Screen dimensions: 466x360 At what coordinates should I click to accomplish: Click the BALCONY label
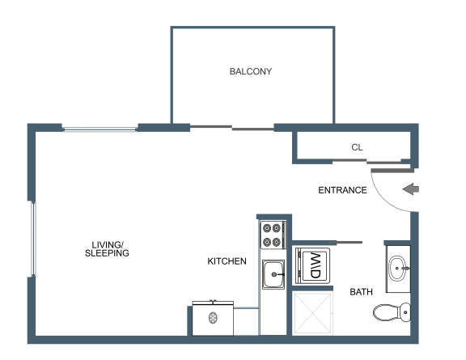click(251, 71)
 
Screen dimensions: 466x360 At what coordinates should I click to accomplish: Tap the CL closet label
click(357, 147)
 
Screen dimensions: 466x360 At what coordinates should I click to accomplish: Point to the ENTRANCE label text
click(342, 190)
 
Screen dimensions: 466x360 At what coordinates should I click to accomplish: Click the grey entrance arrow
click(410, 189)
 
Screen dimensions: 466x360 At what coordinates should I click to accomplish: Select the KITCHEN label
click(227, 261)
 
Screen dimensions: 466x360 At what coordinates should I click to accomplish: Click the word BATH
click(361, 292)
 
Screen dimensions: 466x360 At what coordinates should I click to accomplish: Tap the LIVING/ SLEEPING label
click(107, 249)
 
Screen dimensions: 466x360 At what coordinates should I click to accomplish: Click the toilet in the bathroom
click(392, 312)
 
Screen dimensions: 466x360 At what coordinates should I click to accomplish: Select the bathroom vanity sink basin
click(397, 268)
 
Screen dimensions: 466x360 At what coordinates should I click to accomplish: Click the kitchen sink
click(273, 274)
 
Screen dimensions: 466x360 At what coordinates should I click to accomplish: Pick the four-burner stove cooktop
click(273, 235)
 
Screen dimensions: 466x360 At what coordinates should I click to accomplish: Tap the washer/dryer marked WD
click(312, 265)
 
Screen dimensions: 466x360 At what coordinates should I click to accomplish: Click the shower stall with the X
click(312, 313)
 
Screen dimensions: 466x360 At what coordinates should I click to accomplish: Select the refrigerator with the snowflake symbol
click(213, 318)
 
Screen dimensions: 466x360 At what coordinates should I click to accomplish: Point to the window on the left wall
click(34, 239)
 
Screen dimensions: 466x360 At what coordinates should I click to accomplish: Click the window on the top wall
click(100, 129)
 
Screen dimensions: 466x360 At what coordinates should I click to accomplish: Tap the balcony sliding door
click(232, 128)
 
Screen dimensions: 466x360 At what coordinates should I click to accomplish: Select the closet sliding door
click(366, 162)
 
